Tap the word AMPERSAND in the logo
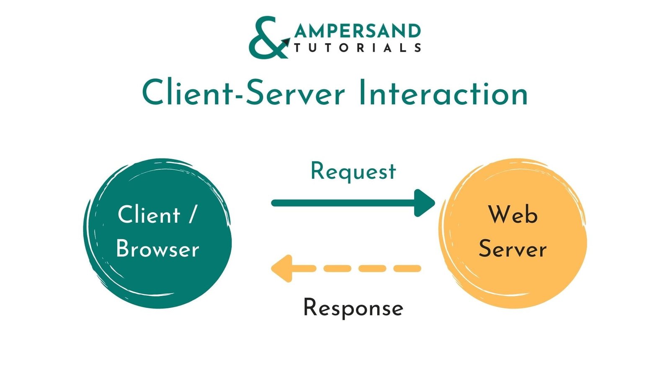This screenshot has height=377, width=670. click(357, 31)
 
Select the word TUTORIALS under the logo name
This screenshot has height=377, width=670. click(357, 48)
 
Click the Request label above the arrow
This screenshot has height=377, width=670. click(353, 172)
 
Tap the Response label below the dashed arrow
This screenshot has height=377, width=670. click(353, 308)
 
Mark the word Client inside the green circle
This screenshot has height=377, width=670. click(149, 215)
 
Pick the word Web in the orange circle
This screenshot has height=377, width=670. click(513, 215)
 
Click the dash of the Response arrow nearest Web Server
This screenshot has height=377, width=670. click(407, 269)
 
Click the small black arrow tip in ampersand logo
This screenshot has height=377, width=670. click(286, 42)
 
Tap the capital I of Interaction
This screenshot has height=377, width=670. click(363, 93)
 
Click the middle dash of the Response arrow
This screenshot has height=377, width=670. click(372, 269)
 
